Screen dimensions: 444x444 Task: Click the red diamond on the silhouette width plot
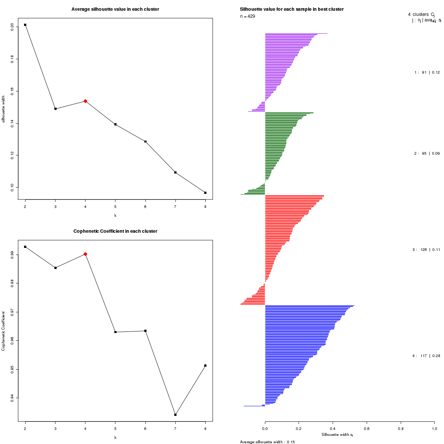point(85,101)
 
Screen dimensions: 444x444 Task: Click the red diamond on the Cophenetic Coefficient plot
point(85,254)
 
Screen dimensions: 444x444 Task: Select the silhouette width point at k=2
point(25,25)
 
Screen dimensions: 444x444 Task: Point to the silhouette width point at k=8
point(205,193)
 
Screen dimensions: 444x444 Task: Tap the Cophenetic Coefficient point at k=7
point(175,415)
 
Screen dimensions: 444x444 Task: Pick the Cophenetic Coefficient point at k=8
point(205,366)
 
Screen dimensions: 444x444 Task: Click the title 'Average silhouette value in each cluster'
point(115,9)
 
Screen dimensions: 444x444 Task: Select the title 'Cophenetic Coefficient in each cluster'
point(115,231)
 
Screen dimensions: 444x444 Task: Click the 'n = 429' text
point(248,16)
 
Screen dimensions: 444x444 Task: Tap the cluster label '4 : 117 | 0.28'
point(426,356)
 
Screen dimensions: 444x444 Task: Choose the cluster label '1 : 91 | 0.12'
point(427,73)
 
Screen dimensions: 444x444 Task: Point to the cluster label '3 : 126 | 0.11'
point(426,250)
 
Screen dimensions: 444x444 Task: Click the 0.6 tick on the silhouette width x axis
point(367,429)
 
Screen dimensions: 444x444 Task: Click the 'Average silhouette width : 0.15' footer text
point(267,442)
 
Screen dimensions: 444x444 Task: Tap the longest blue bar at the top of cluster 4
point(309,306)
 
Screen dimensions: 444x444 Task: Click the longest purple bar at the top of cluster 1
point(296,34)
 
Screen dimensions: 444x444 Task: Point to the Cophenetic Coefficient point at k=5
point(115,332)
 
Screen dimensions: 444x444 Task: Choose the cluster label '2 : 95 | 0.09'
point(427,153)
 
